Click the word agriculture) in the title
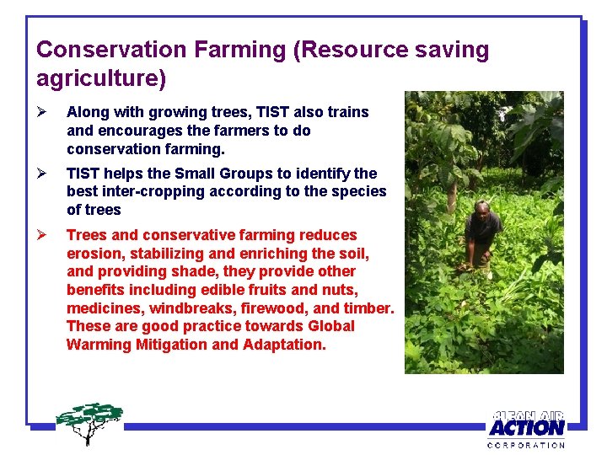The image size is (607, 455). (x=101, y=78)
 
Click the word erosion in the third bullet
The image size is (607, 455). (x=92, y=254)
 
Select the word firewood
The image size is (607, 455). (x=264, y=308)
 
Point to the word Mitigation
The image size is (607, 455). (x=171, y=345)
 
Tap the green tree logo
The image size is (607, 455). (x=89, y=421)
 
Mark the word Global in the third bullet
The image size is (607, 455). (x=331, y=326)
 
